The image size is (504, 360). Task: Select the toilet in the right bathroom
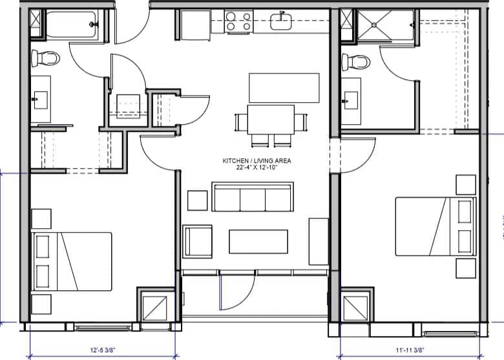click(357, 62)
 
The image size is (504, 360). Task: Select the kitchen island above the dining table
click(284, 87)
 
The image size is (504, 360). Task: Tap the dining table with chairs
click(271, 120)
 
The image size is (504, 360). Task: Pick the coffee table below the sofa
click(258, 241)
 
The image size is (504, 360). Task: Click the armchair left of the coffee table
click(198, 240)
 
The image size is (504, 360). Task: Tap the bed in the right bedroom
click(435, 226)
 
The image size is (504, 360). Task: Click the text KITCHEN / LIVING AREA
click(256, 160)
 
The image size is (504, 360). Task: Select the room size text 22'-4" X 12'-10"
click(256, 167)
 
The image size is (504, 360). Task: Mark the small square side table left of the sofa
click(197, 200)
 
